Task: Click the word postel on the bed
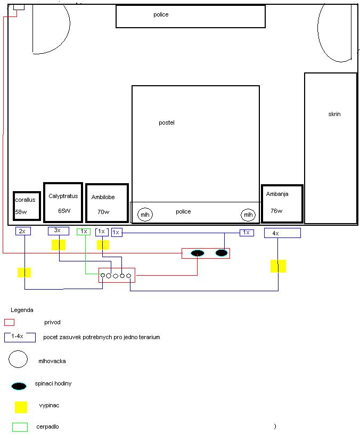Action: pyautogui.click(x=167, y=122)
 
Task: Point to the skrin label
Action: pyautogui.click(x=334, y=114)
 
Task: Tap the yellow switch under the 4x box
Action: pyautogui.click(x=278, y=266)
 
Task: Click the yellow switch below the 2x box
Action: pyautogui.click(x=24, y=273)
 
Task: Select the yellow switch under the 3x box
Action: pyautogui.click(x=59, y=245)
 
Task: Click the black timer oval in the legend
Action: pyautogui.click(x=19, y=386)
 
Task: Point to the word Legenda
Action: pyautogui.click(x=22, y=310)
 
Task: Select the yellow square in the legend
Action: pyautogui.click(x=21, y=407)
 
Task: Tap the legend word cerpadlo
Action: pyautogui.click(x=47, y=426)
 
